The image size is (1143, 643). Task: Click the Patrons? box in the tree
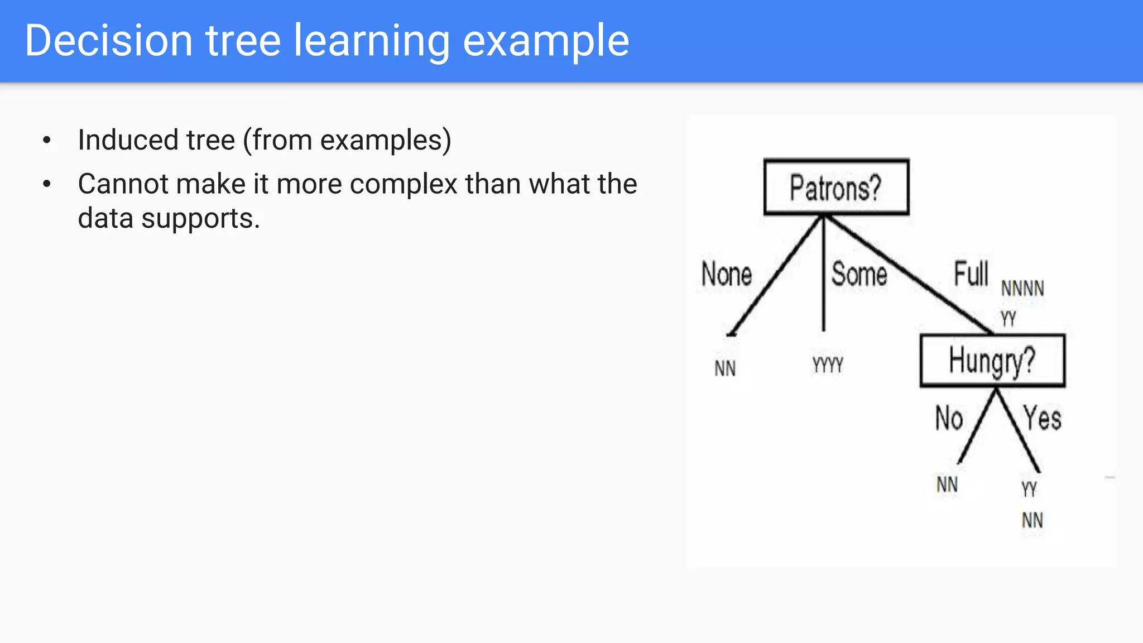coord(836,187)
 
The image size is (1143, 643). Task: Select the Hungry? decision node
coord(992,361)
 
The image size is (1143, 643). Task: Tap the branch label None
coord(726,274)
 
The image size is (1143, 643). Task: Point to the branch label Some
coord(859,274)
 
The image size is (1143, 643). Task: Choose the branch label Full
coord(971,273)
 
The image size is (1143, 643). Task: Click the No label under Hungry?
coord(949,418)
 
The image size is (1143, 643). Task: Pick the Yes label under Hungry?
coord(1042,418)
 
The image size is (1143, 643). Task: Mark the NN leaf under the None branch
coord(725,368)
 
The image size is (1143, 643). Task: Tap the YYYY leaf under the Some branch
coord(828,365)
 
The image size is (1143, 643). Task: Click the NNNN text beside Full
coord(1022,289)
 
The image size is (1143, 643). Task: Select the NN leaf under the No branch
coord(947,484)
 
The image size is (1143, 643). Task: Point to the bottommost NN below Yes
coord(1032,520)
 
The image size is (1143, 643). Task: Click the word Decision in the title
coord(109,41)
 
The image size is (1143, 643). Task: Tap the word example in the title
coord(546,41)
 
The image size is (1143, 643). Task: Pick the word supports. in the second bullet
coord(200,218)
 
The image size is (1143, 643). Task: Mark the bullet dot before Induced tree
coord(47,140)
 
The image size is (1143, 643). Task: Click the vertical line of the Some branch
coord(823,279)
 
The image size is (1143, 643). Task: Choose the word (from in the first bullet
coord(277,140)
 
